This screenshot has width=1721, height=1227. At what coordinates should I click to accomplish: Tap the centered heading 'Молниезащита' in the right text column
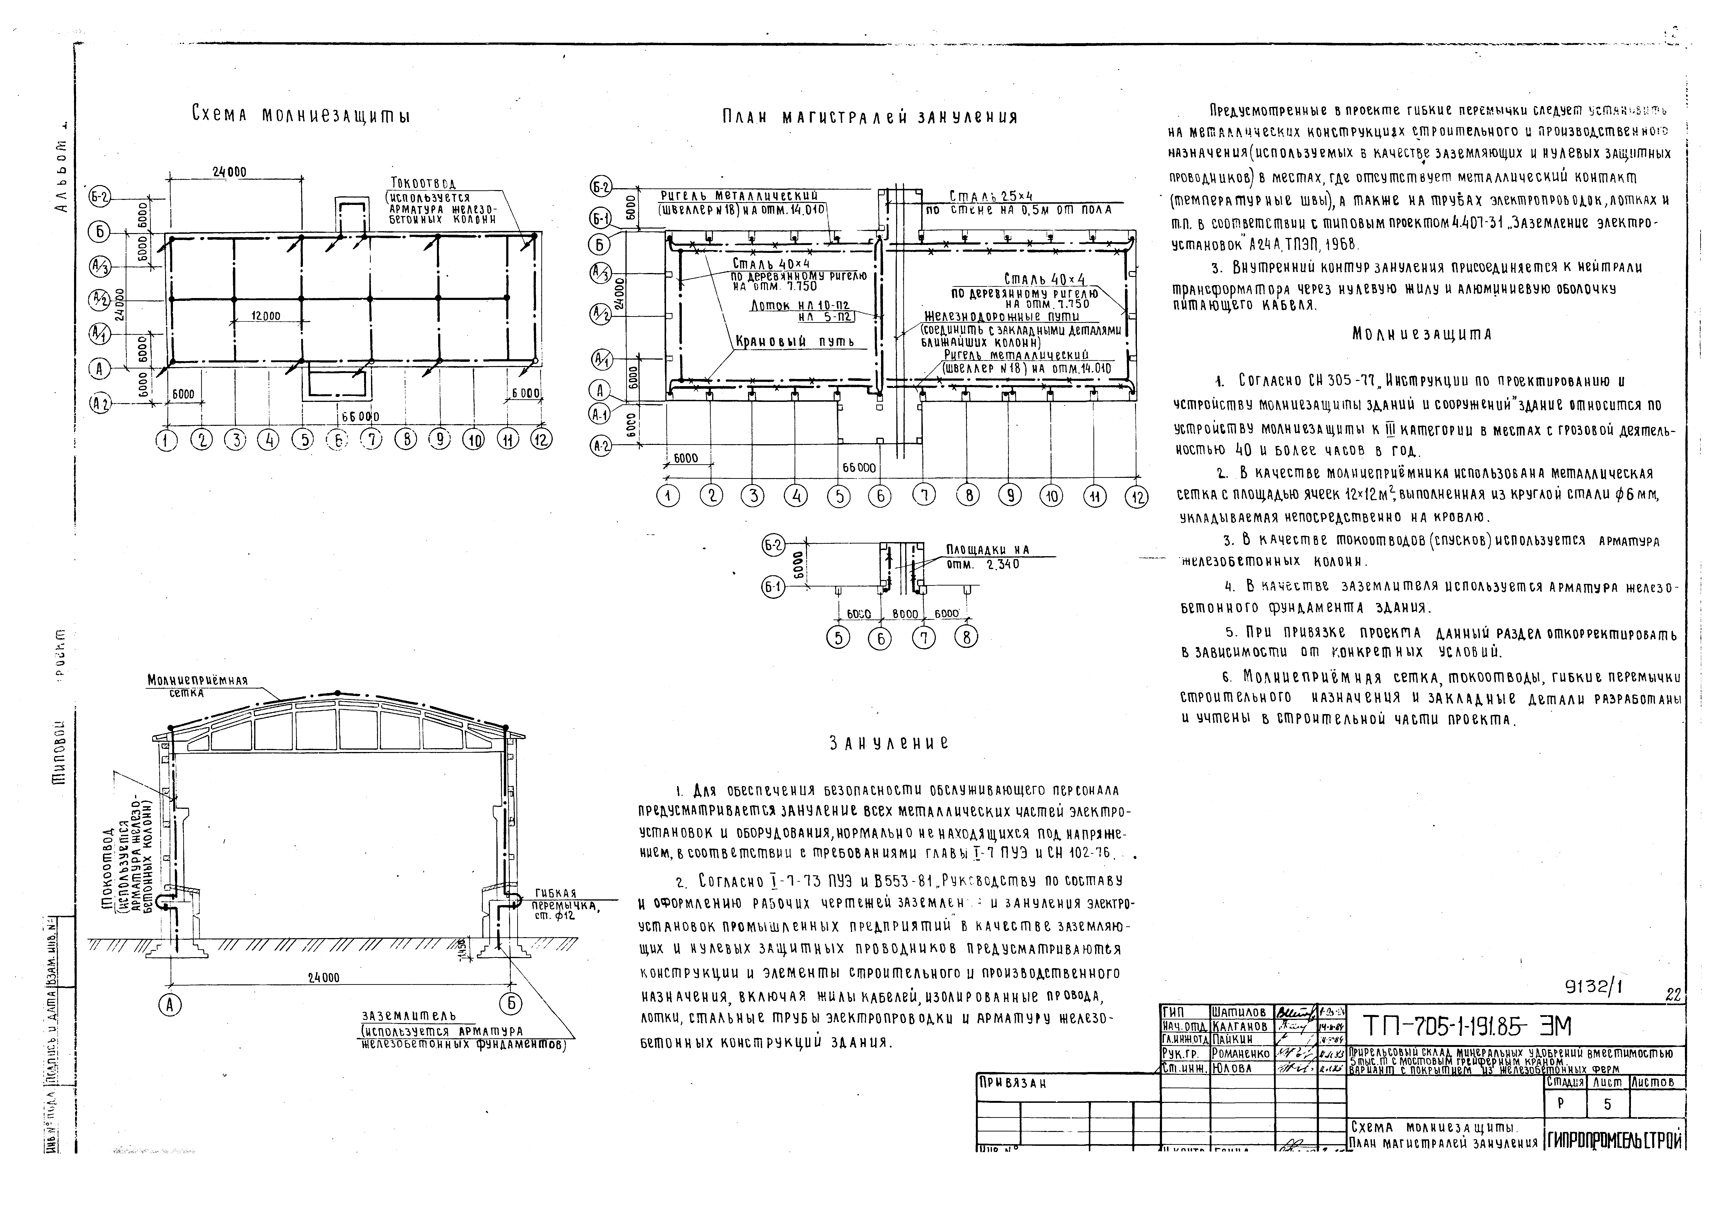[x=1422, y=334]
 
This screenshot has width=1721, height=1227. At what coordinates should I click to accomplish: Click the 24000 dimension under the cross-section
[x=323, y=978]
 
